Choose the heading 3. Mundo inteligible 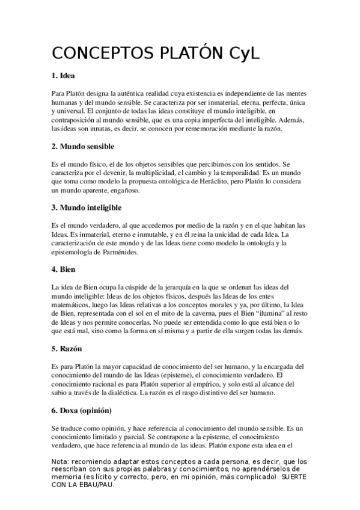tap(87, 207)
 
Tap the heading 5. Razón tap(67, 348)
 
